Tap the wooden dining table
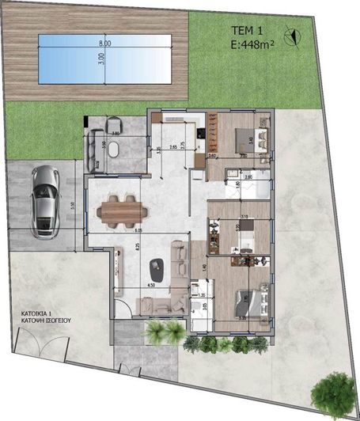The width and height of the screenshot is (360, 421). [x=121, y=210]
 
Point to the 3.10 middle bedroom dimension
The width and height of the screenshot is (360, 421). [x=244, y=215]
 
